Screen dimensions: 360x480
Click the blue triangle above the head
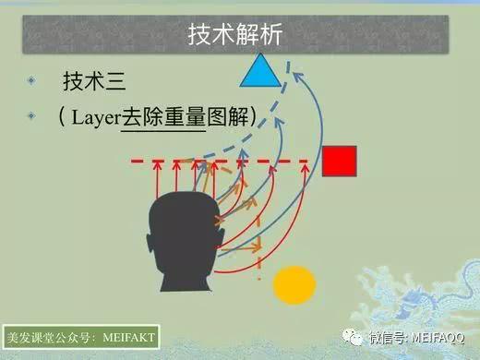[x=259, y=71]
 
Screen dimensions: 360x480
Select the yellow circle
[x=294, y=284]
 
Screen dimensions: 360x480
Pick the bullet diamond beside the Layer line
[x=32, y=116]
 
